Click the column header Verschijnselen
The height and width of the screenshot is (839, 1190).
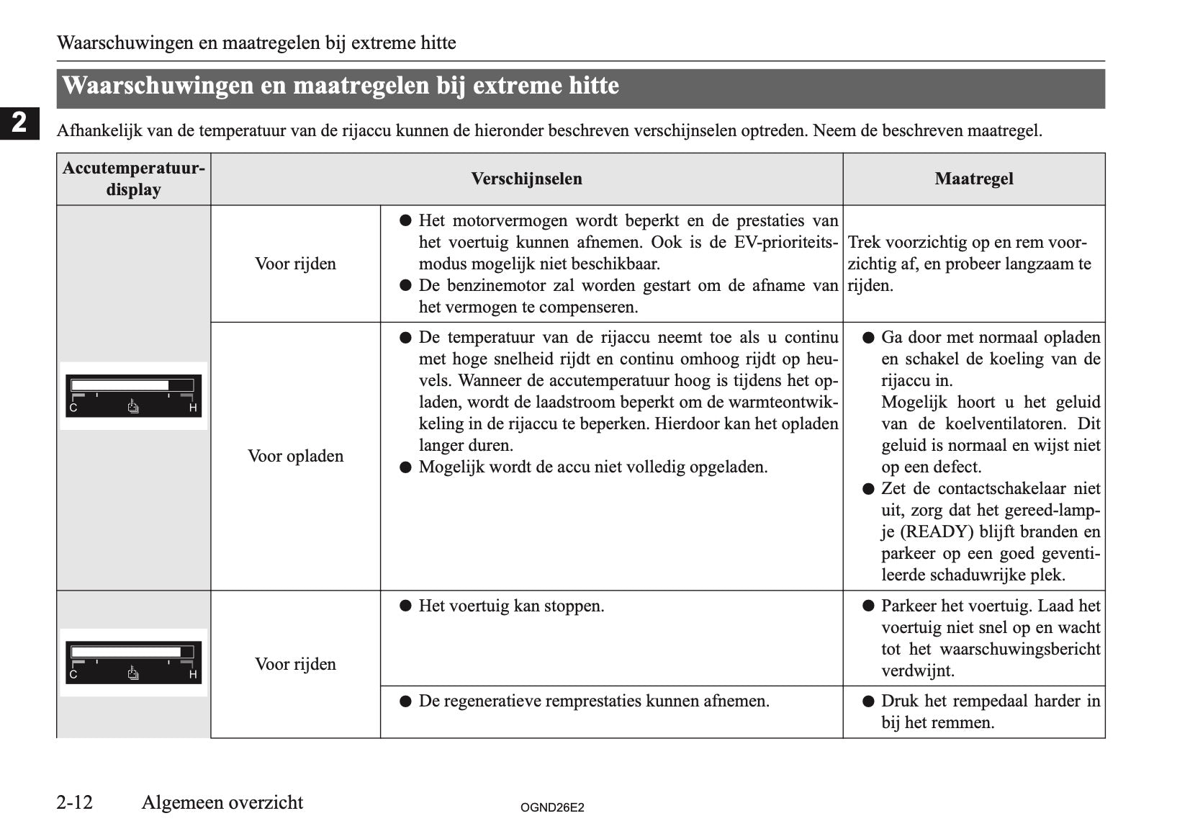526,179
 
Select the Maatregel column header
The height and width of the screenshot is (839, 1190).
973,179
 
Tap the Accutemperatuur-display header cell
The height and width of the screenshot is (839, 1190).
133,179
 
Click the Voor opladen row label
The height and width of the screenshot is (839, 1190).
295,456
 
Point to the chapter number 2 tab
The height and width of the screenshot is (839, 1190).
19,123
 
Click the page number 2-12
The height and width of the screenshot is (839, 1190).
75,802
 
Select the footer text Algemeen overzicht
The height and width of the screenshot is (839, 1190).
222,802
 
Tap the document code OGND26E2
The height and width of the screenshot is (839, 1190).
552,807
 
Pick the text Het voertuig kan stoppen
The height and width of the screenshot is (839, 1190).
511,606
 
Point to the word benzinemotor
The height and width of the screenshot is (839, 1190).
496,285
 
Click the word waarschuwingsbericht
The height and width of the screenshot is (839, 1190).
1020,649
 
